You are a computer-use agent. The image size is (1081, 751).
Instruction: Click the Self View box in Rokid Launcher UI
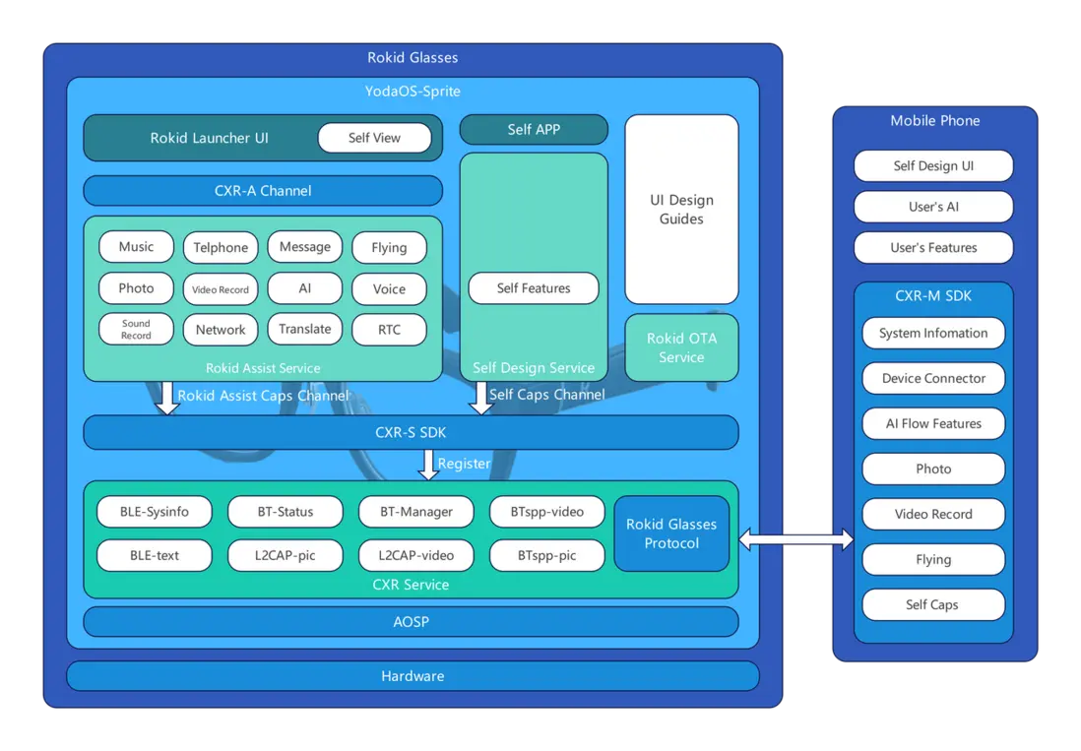click(x=374, y=138)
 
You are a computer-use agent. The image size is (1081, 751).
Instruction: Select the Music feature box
click(x=136, y=247)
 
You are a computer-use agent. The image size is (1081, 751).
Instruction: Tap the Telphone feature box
click(x=221, y=248)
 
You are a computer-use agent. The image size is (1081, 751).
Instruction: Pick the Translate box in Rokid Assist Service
click(x=305, y=329)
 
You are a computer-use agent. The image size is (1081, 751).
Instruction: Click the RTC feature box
click(x=389, y=330)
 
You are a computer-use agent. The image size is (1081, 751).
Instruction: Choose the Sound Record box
click(x=136, y=329)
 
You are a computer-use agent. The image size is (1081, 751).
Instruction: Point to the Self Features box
click(x=534, y=288)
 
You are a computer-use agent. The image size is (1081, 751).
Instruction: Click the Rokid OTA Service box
click(x=681, y=347)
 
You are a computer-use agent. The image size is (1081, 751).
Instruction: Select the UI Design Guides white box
click(x=681, y=210)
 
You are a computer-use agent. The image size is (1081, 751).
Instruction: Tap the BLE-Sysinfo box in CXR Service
click(x=155, y=512)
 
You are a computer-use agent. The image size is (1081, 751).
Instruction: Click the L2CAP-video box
click(x=415, y=555)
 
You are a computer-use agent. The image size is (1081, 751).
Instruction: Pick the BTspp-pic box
click(x=546, y=555)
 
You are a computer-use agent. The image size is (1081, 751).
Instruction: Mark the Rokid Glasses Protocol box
click(x=671, y=533)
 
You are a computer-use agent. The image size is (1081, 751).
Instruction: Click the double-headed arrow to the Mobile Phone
click(x=796, y=538)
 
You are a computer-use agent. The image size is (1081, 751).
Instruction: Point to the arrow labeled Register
click(x=428, y=465)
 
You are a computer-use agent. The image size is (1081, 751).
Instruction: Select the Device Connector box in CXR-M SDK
click(x=933, y=378)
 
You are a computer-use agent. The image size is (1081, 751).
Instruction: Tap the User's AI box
click(x=933, y=207)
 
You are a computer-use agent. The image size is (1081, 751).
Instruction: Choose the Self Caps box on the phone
click(x=933, y=604)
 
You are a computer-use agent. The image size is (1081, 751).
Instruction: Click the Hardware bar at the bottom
click(x=413, y=676)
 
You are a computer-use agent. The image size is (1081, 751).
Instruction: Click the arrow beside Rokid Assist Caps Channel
click(x=167, y=398)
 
